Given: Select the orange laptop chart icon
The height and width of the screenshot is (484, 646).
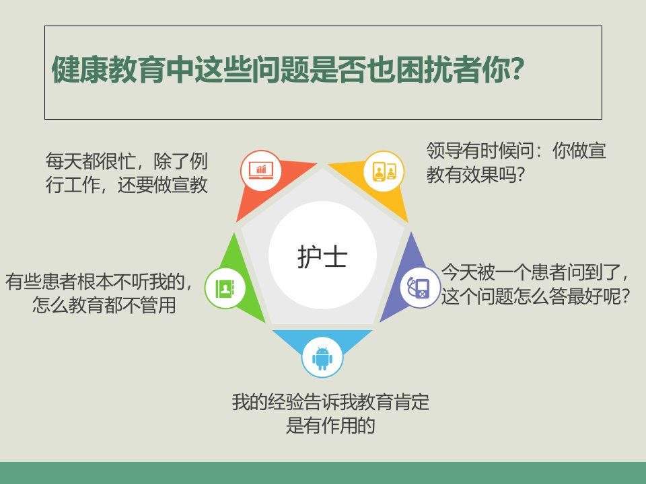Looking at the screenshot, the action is [261, 170].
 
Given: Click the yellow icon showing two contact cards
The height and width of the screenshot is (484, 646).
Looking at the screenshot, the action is [384, 171].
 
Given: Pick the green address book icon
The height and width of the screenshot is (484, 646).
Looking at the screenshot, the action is [225, 288].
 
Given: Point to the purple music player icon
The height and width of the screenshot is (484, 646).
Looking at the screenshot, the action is [419, 287].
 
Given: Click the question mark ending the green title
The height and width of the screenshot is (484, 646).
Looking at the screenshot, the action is [516, 69].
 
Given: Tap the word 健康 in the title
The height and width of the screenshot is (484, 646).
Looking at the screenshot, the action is [80, 69].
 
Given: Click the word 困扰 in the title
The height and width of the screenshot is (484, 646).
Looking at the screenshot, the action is [424, 69].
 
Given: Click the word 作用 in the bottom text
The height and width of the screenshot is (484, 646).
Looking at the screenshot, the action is [330, 426].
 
